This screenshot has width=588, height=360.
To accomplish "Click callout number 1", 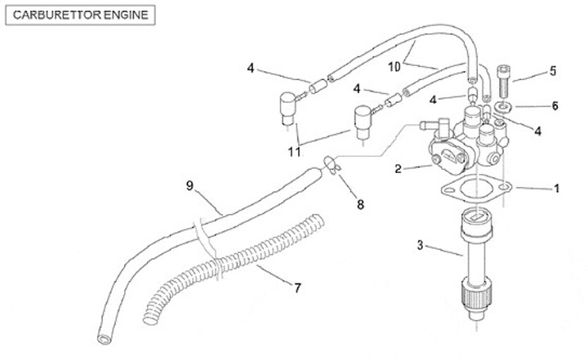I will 556,188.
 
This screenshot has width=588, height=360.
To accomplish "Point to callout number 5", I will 553,72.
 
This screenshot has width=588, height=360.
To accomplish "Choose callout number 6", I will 555,105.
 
